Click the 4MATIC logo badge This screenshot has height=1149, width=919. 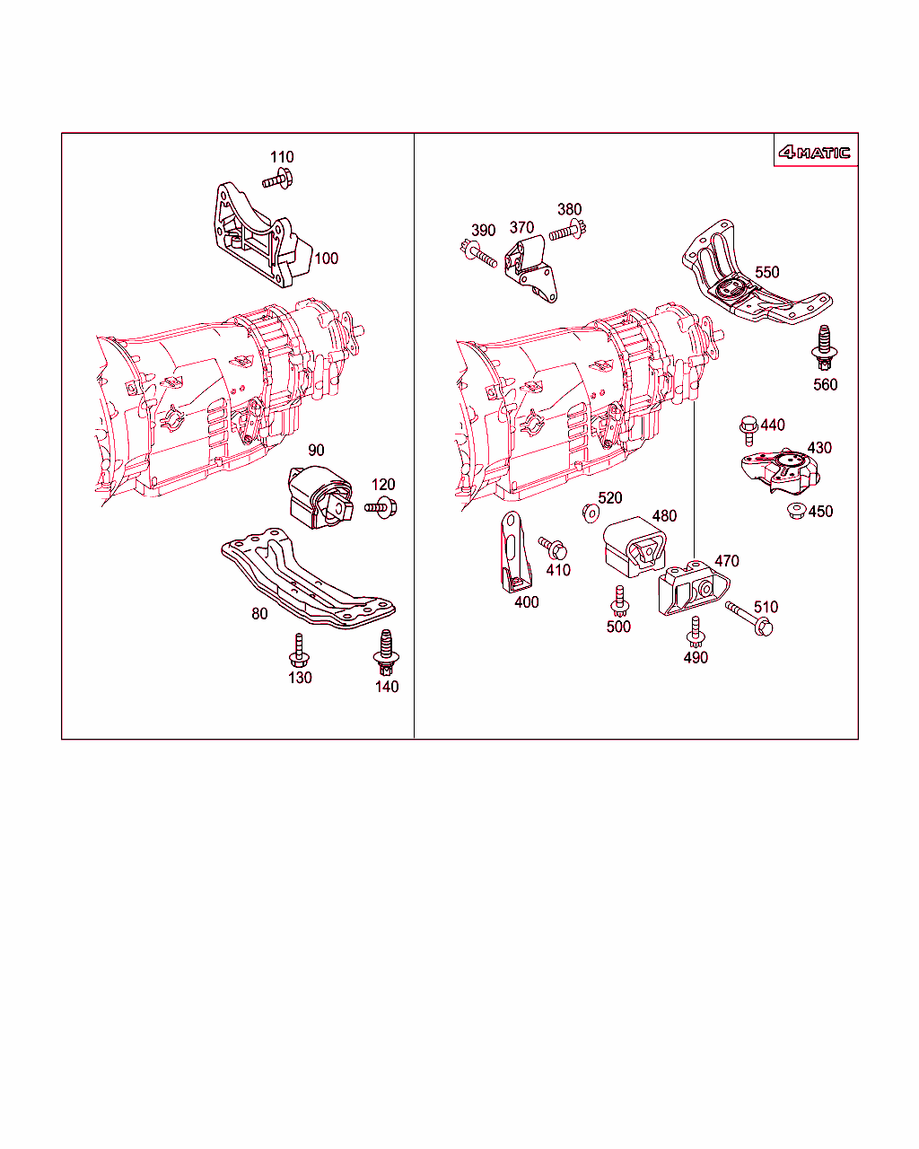814,153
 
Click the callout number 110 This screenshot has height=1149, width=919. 282,157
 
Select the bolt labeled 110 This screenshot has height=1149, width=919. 277,179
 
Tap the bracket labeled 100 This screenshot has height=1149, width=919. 263,235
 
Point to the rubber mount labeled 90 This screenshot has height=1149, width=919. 320,497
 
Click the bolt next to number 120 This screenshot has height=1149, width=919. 381,506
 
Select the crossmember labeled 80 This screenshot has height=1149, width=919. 308,579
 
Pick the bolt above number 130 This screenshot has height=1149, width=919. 299,650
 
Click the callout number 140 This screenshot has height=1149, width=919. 387,687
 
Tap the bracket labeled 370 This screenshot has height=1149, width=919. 530,269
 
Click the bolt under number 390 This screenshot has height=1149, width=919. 478,254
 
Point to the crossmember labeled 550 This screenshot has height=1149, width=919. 757,272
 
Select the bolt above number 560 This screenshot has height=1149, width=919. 824,347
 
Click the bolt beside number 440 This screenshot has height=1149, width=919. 748,430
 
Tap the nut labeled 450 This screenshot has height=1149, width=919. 796,511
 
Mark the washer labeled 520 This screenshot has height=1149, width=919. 591,513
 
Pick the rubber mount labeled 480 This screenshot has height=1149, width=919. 635,548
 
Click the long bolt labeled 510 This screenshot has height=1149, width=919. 748,618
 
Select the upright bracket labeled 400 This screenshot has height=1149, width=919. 515,553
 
